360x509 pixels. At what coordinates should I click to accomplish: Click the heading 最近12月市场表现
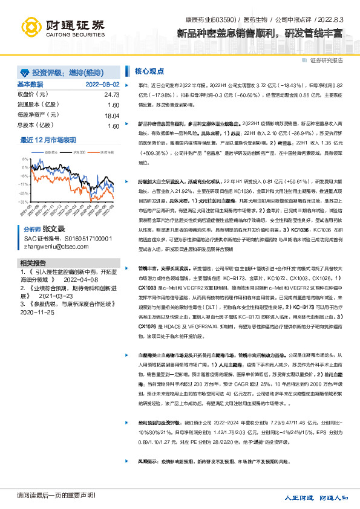click(x=48, y=139)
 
